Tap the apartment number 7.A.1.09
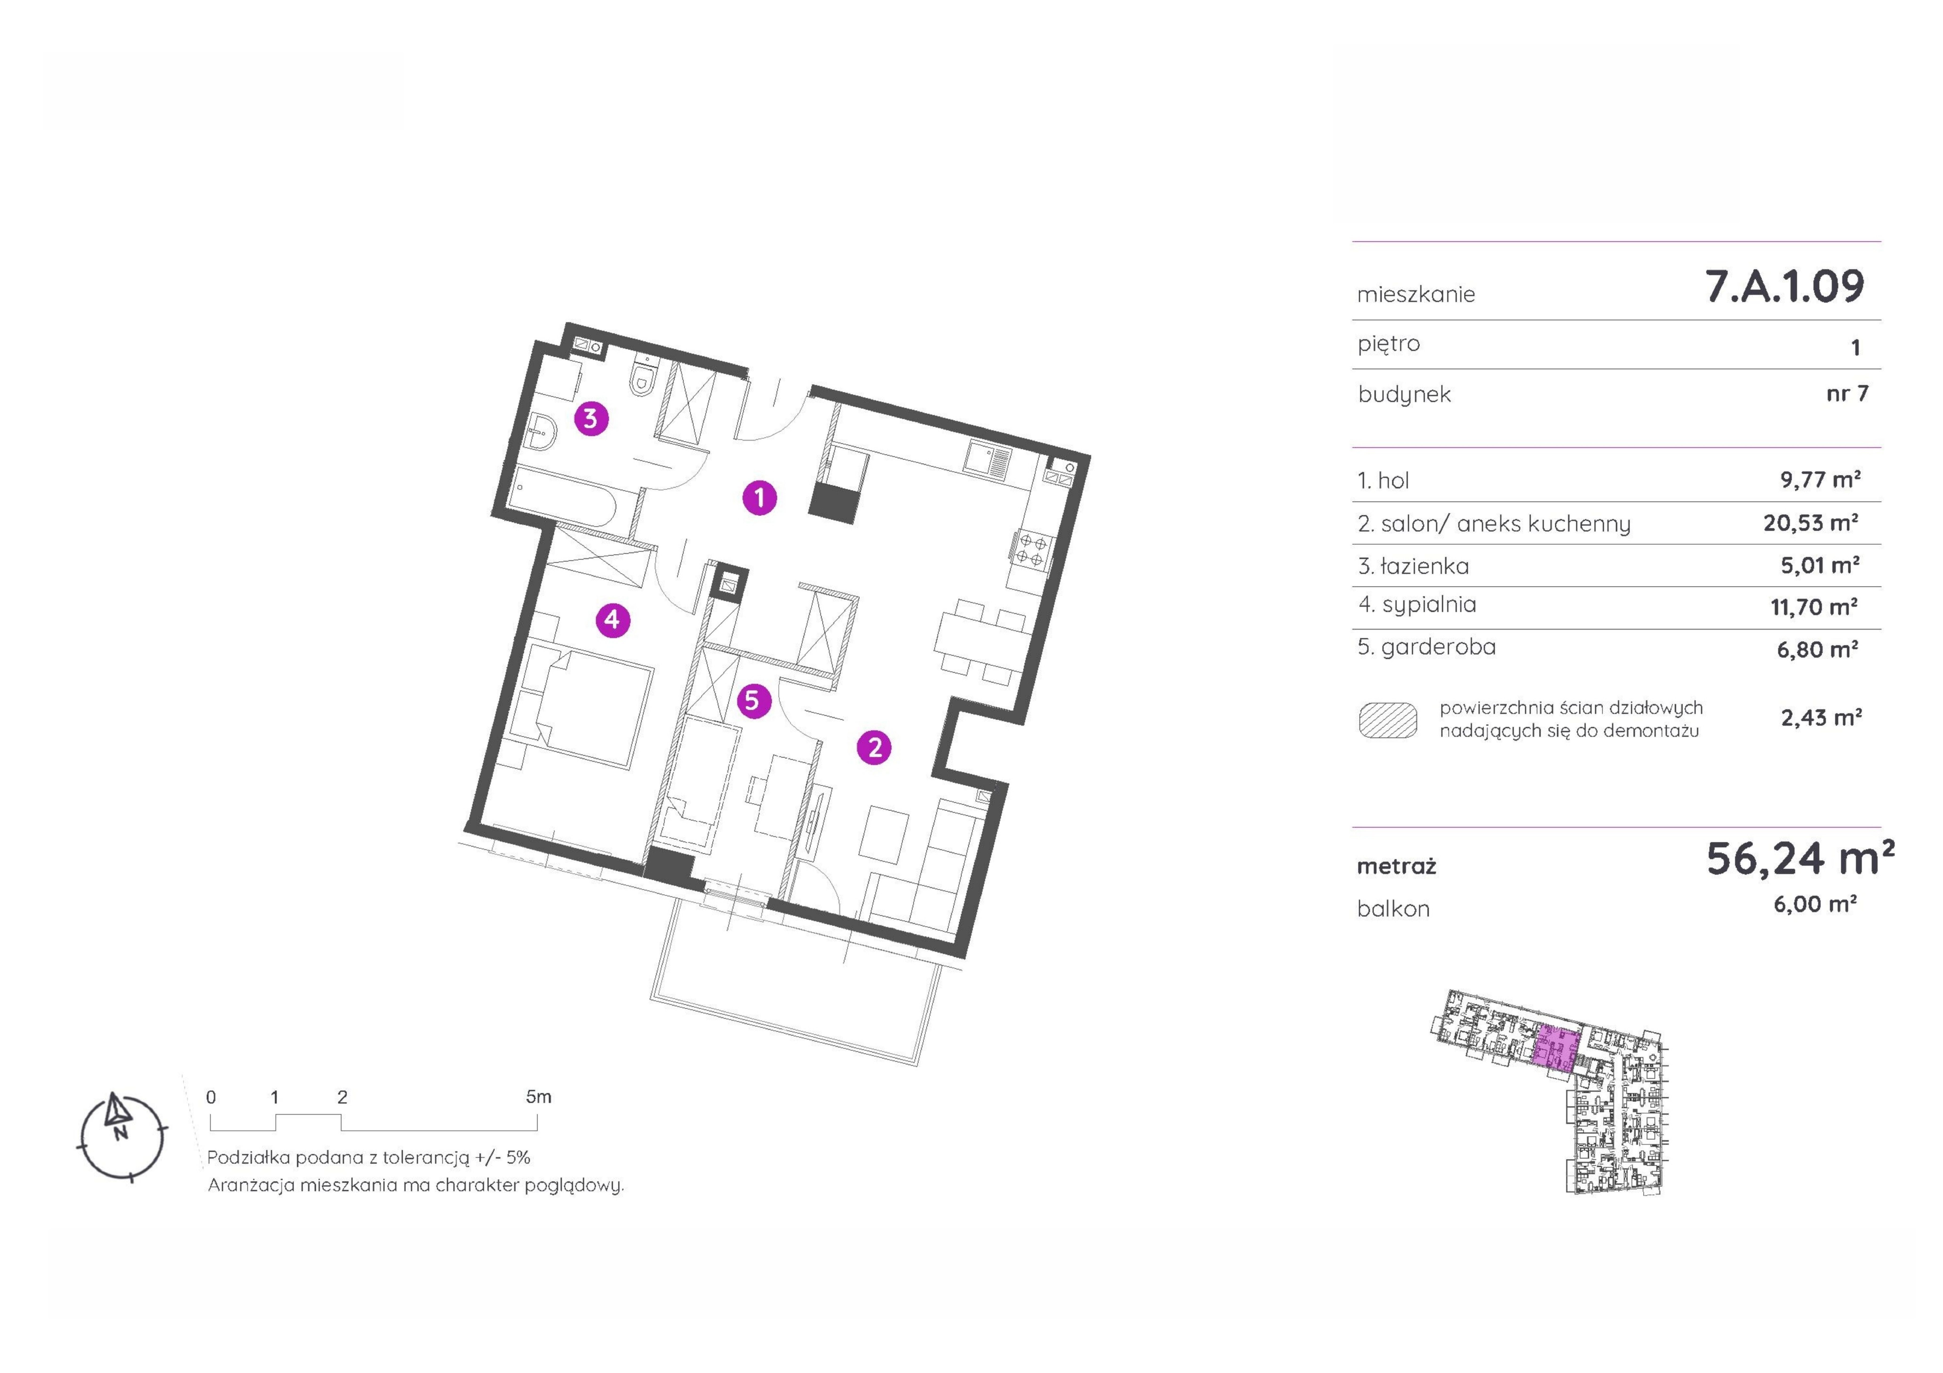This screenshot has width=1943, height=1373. point(1784,286)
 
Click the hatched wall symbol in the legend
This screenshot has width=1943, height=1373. point(1388,720)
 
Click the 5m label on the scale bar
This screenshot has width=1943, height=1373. point(538,1097)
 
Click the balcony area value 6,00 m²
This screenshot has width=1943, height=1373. point(1815,904)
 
